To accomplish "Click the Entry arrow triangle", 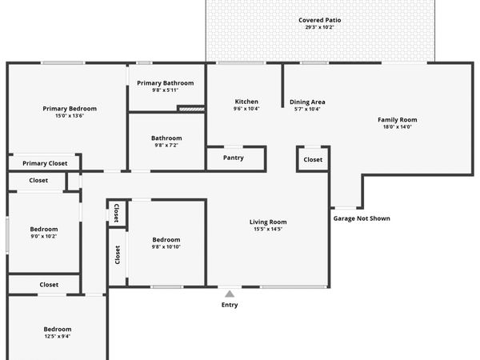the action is pos(230,294).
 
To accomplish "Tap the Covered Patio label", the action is pos(319,20).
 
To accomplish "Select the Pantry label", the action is pos(234,158).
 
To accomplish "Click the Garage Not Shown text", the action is pos(362,218).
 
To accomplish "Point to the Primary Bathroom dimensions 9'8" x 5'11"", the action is pos(166,90).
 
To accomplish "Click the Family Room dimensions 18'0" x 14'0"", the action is pos(398,126).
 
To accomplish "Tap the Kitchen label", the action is pos(246,102).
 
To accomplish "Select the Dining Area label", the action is pos(307,102).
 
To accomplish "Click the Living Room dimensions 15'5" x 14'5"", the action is pos(268,229).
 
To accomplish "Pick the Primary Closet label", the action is pos(45,163).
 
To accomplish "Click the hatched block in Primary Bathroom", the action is pos(191,109).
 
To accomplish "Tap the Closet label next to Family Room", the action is pos(313,159).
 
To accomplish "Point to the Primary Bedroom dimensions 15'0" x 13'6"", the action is pos(70,116).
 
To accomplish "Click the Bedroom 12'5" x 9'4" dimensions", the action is pos(58,336).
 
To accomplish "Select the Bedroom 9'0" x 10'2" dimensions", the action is pos(44,236).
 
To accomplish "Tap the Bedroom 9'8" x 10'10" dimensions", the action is pos(166,246).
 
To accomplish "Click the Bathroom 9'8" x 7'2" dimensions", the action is pos(166,145).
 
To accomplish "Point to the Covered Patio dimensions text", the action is pos(319,27).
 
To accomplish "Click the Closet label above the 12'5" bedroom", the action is pos(49,285).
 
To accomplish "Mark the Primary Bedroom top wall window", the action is pos(63,62).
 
